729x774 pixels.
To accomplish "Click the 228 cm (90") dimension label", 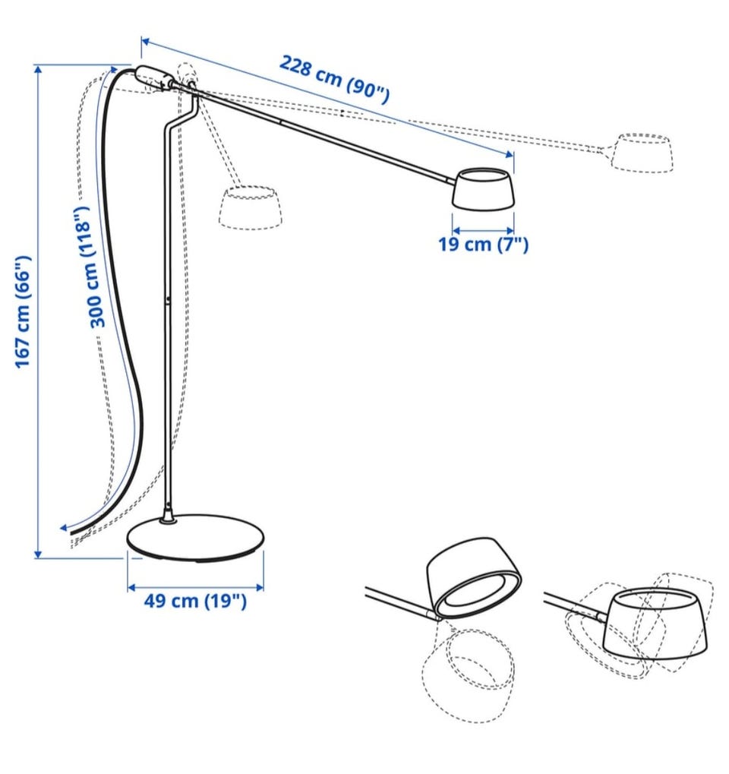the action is [x=335, y=79].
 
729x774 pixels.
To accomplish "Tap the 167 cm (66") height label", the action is [x=24, y=311].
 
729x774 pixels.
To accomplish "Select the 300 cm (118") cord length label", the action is [x=90, y=267].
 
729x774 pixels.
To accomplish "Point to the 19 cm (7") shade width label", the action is [x=483, y=244].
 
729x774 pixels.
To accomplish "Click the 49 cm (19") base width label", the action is [x=195, y=601].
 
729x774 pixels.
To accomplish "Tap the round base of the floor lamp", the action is [x=195, y=537].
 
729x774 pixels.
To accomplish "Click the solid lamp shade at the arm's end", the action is [x=484, y=188].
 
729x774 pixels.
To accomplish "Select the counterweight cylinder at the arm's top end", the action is [x=153, y=77].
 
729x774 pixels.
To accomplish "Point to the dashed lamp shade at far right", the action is [x=642, y=153].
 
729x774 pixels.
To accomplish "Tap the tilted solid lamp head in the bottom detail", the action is [x=474, y=577].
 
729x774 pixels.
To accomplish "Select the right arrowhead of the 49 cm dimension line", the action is [x=260, y=587].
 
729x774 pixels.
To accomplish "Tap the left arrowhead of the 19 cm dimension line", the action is [x=456, y=230].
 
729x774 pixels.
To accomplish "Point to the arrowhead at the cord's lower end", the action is [x=63, y=527].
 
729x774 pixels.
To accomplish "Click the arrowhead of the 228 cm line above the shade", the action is [x=510, y=155].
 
